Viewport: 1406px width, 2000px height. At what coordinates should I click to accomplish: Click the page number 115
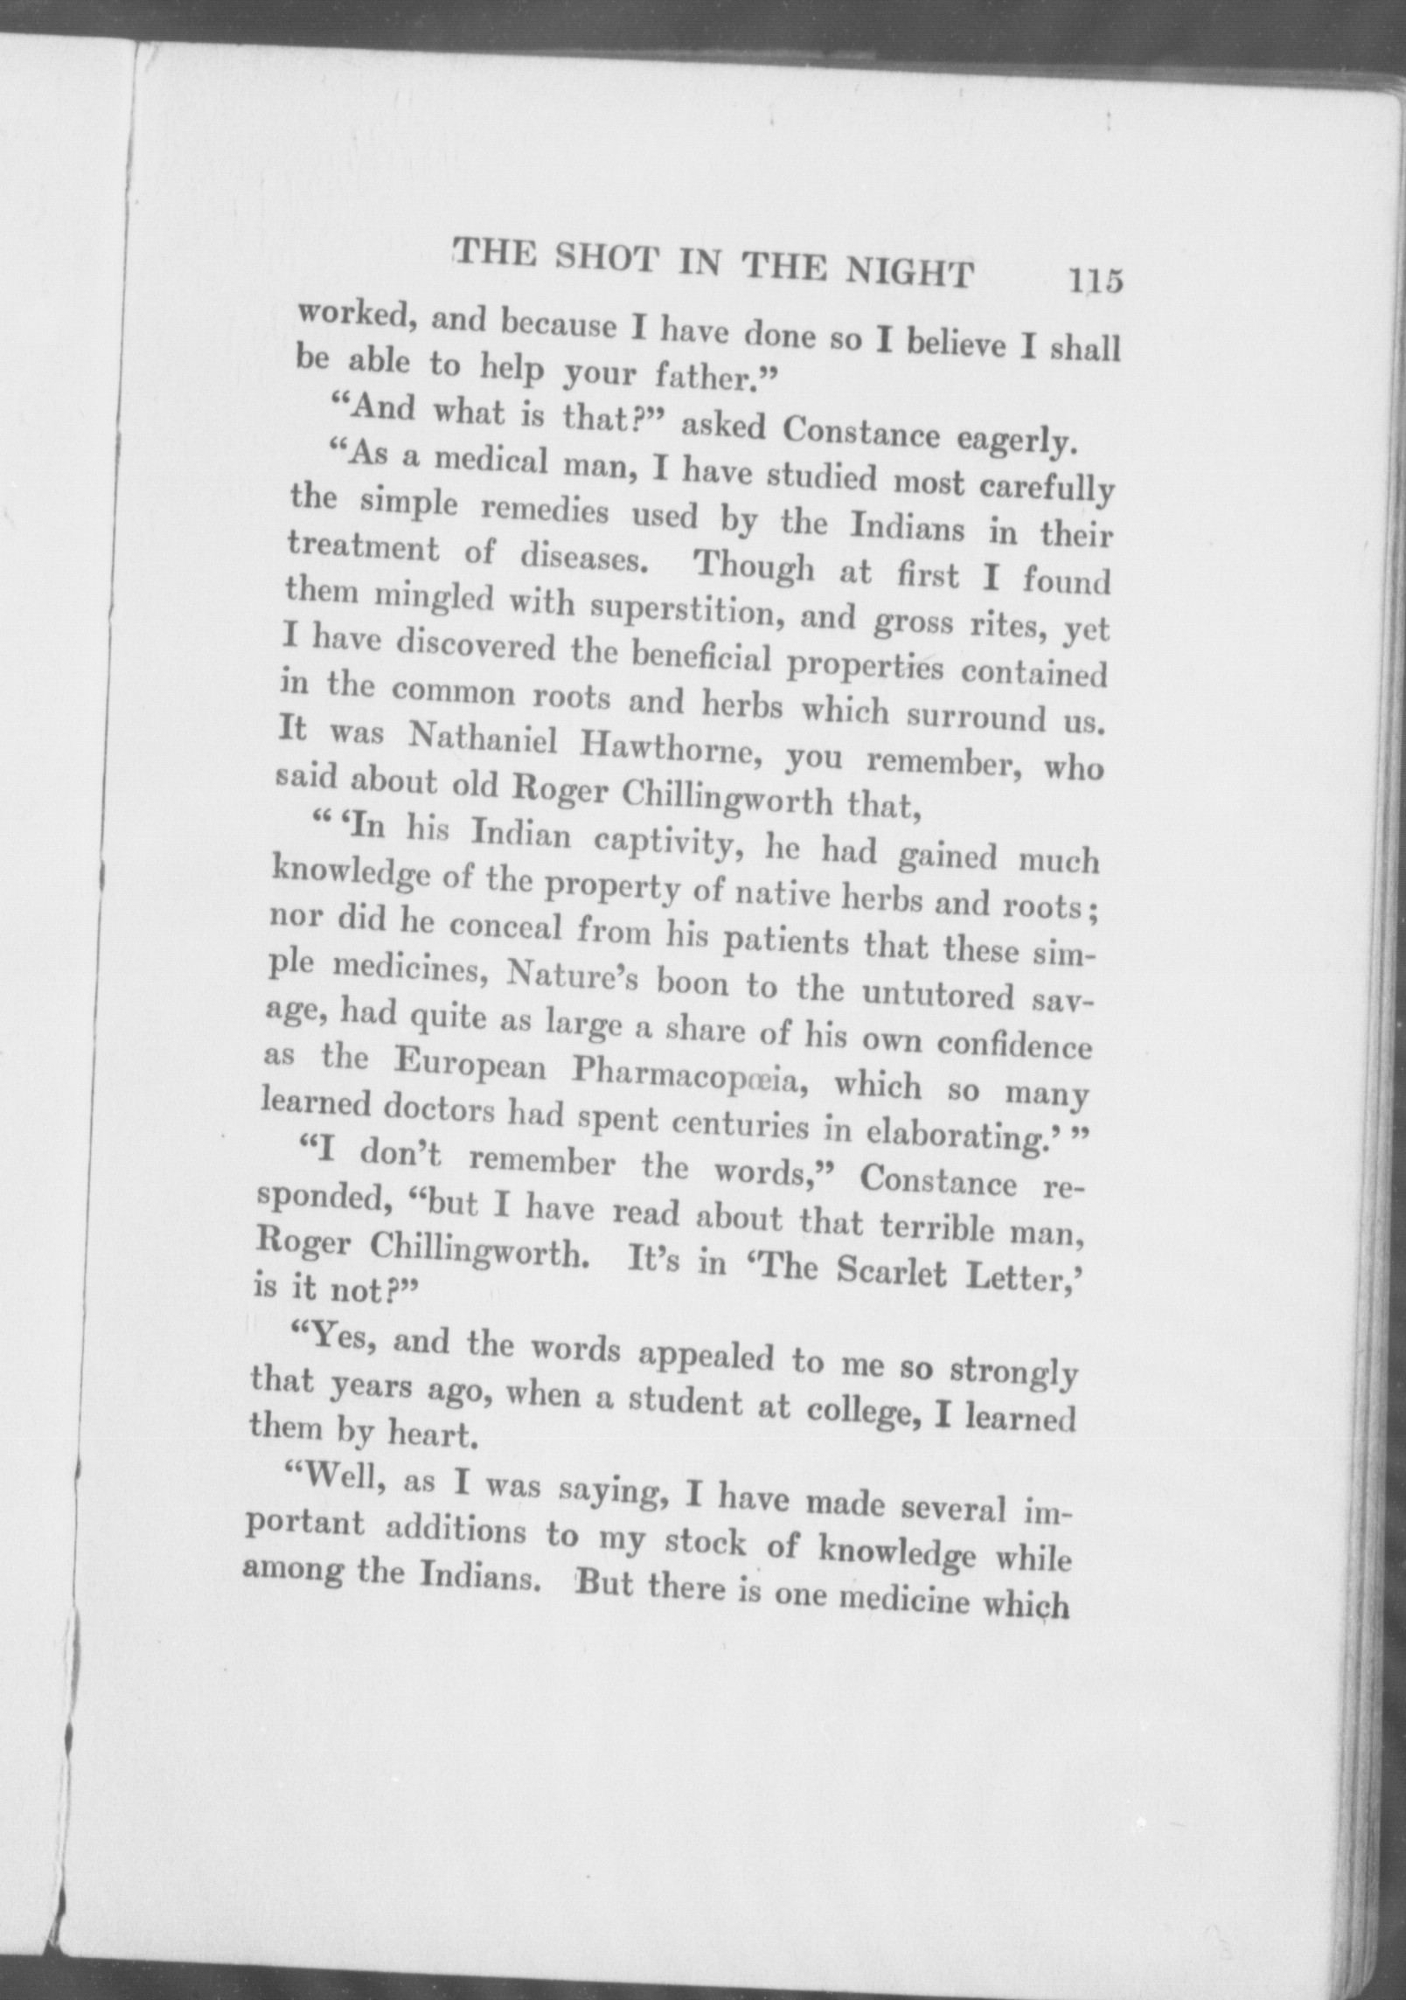1093,282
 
